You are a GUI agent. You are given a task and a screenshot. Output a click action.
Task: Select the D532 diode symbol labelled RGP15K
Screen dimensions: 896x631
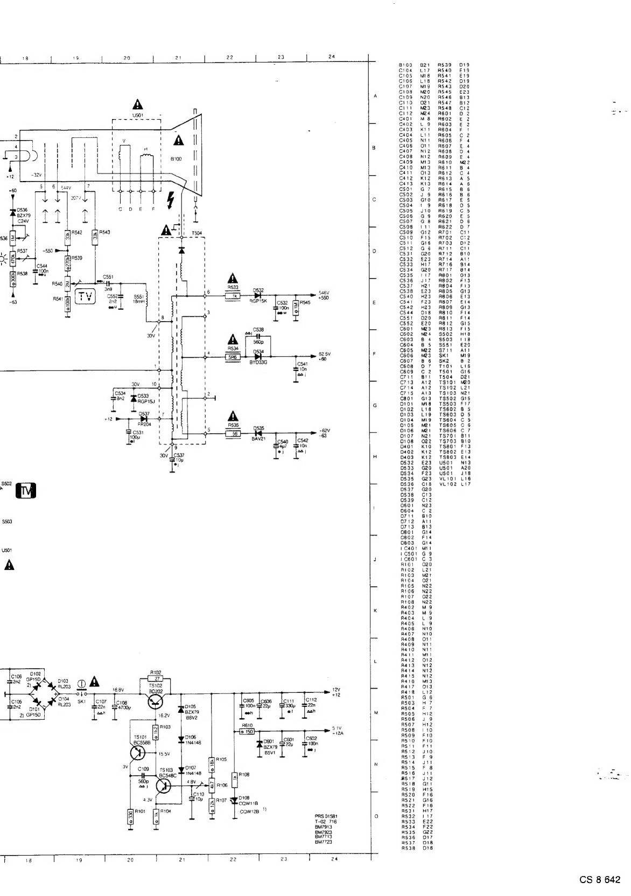pyautogui.click(x=258, y=296)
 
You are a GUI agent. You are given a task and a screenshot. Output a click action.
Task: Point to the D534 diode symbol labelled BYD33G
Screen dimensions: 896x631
pyautogui.click(x=258, y=356)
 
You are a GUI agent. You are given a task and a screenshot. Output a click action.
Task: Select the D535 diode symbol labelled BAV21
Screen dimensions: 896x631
pyautogui.click(x=258, y=433)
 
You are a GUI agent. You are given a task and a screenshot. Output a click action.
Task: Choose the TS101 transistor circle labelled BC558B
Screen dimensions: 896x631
pyautogui.click(x=139, y=750)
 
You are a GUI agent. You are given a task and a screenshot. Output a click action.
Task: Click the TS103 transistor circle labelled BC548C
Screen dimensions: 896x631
pyautogui.click(x=164, y=787)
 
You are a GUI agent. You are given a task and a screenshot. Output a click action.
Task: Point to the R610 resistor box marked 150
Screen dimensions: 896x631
pyautogui.click(x=248, y=731)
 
